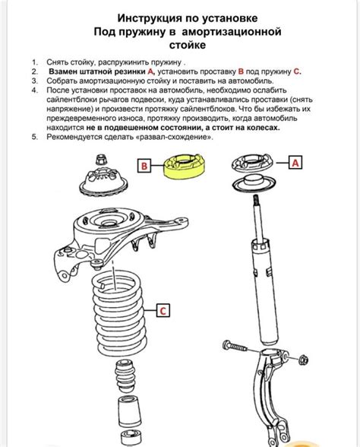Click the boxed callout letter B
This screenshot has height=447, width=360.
click(x=144, y=166)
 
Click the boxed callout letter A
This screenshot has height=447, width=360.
click(x=295, y=163)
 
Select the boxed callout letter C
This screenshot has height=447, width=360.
click(x=163, y=310)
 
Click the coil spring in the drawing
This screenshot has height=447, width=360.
click(x=120, y=313)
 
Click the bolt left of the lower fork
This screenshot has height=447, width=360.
click(x=235, y=346)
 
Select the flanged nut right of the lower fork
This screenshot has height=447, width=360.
click(x=303, y=360)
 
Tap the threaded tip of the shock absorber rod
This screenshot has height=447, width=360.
click(x=256, y=199)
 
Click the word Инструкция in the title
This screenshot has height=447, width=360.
click(x=150, y=18)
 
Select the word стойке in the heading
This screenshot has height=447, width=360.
click(x=188, y=45)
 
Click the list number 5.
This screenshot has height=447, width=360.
click(x=34, y=137)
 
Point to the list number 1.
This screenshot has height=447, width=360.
click(x=34, y=62)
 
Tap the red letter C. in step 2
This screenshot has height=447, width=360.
click(x=298, y=71)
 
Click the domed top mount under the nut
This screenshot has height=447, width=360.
click(x=103, y=181)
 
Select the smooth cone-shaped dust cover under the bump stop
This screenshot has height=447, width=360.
click(x=129, y=408)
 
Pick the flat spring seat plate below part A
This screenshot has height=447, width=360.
click(x=254, y=184)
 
